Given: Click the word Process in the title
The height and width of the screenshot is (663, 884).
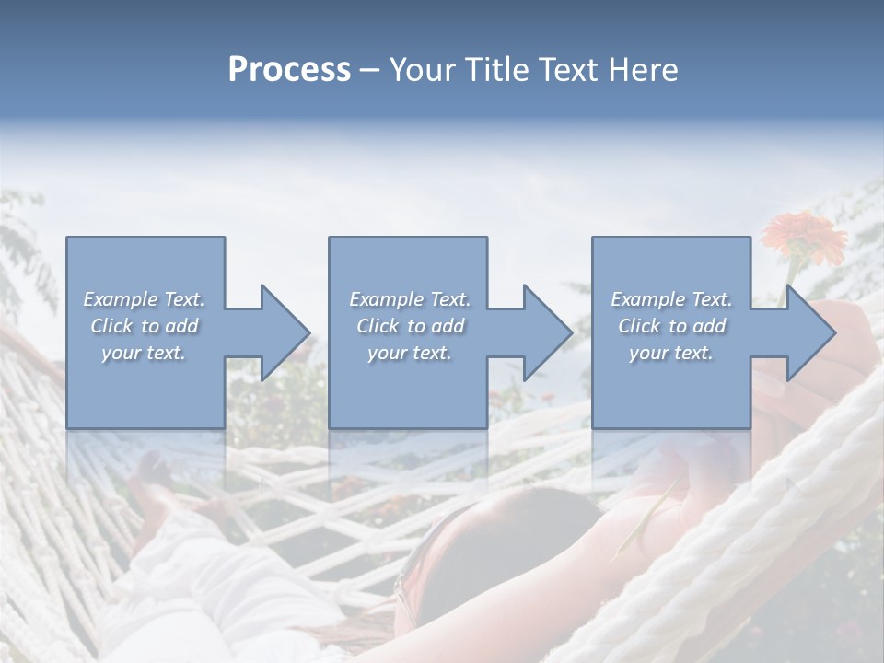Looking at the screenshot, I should coord(289,70).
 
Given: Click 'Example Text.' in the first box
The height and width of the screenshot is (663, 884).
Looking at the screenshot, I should coord(144,299).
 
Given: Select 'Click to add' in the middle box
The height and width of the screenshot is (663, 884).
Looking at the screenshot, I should coord(410,326).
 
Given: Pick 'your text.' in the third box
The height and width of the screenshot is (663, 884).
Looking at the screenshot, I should coord(671,353).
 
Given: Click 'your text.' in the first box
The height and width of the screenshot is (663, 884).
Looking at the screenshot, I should coord(144,353).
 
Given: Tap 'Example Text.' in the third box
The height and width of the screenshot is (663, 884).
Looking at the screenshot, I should coord(671,299).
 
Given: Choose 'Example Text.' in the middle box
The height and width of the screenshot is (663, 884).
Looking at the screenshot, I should coord(410,299).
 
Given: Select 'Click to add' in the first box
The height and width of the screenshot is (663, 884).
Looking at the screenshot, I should coord(144,326).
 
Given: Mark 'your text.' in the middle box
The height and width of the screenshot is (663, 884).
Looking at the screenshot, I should coord(410,353).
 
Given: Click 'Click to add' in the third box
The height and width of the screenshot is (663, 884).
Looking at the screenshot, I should coord(671,326).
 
